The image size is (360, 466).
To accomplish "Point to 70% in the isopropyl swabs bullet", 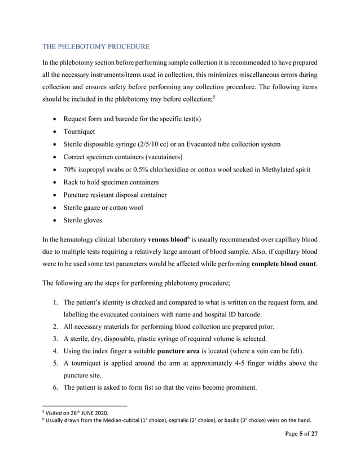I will click(x=71, y=169).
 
